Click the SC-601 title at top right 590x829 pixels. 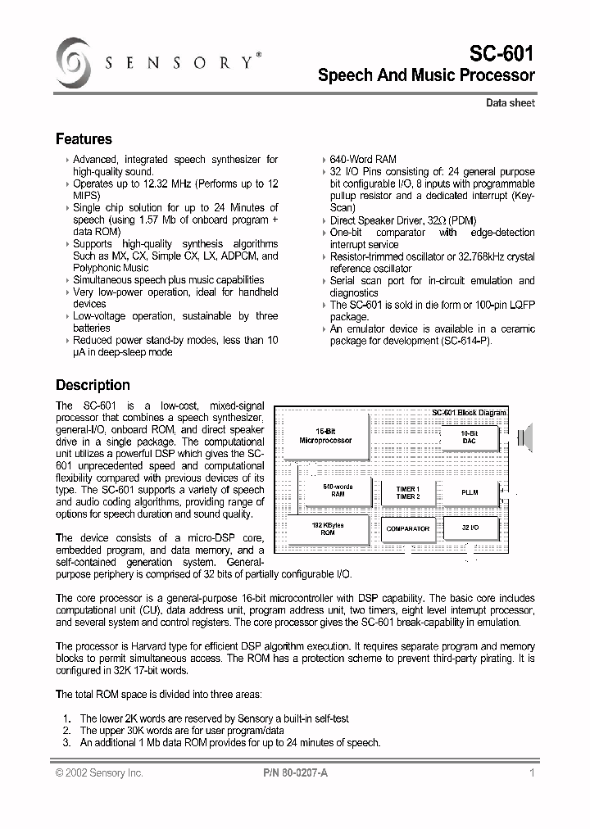[502, 54]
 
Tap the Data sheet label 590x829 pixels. [510, 103]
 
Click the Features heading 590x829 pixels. [84, 139]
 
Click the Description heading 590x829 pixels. [93, 385]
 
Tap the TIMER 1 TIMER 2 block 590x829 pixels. [407, 492]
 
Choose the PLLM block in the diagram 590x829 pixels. [470, 492]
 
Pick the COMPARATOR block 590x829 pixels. [407, 529]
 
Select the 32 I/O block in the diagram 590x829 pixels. [470, 529]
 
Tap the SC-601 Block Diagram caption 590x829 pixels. [469, 412]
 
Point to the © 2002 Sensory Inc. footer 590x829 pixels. [99, 772]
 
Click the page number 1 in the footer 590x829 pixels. [532, 772]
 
